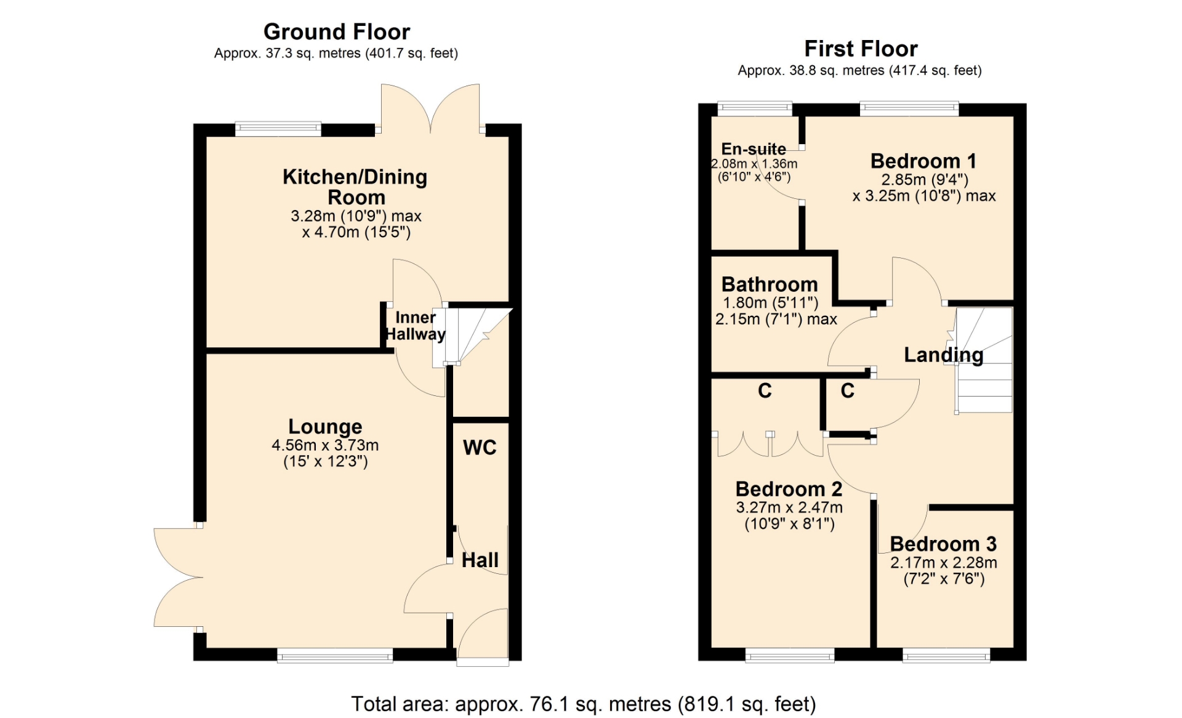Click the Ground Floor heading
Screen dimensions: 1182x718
337,31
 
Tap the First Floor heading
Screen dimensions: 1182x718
861,49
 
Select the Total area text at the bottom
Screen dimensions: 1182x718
583,704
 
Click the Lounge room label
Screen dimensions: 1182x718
325,427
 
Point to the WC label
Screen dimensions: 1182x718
480,448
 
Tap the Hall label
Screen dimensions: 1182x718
480,560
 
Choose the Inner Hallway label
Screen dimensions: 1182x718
416,326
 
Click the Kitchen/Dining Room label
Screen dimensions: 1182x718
355,187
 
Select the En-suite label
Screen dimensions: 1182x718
754,149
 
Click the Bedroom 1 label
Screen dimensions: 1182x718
923,161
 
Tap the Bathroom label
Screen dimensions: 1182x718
770,284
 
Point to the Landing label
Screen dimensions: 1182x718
943,355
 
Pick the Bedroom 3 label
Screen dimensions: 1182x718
943,544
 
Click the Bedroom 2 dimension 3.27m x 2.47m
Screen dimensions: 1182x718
789,507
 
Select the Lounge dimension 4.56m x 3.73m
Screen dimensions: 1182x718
325,445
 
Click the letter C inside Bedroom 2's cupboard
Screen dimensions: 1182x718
765,390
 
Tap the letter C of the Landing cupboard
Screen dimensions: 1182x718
848,390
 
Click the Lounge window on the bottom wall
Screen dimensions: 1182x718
335,655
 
